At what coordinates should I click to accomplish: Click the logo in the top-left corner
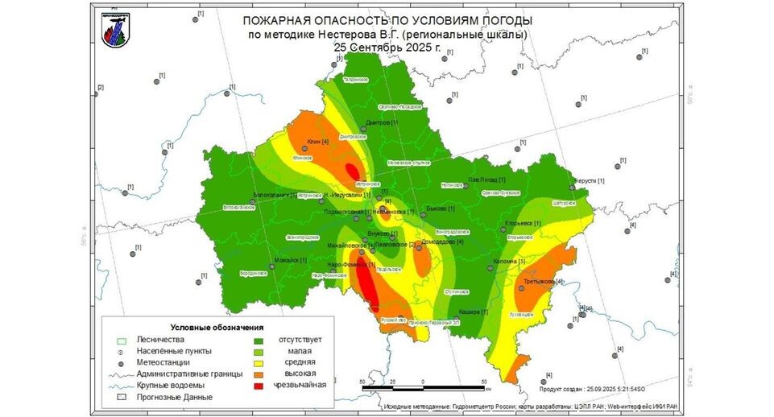point(113,30)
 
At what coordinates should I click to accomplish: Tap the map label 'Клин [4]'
point(317,142)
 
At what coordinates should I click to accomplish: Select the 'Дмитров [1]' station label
point(383,122)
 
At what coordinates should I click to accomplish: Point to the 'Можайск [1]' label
point(292,260)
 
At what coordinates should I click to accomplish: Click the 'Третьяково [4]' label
point(539,282)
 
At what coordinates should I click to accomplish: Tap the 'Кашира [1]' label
point(473,312)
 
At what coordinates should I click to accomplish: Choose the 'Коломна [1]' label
point(508,262)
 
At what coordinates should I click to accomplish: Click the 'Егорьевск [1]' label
point(521,223)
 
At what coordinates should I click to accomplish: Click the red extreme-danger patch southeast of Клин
point(352,171)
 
